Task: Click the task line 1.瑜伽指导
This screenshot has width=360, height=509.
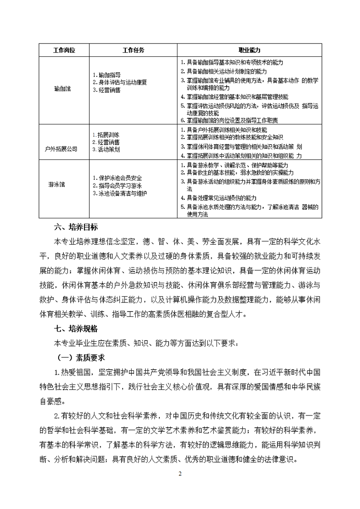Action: coord(107,74)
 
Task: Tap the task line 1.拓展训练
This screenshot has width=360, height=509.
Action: coord(106,135)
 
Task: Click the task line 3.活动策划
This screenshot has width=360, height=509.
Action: coord(106,149)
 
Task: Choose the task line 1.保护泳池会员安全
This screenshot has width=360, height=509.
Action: coord(117,178)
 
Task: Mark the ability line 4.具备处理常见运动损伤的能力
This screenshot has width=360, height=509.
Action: coord(219,198)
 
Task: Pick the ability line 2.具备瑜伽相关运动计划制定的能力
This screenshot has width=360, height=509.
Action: coord(224,71)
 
